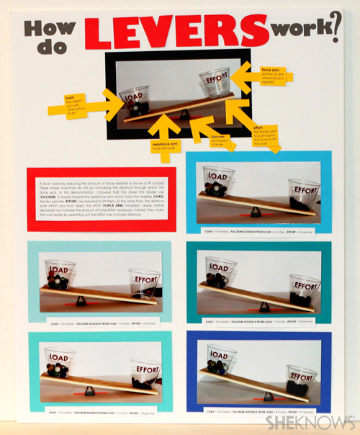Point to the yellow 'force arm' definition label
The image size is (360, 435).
[x=274, y=74]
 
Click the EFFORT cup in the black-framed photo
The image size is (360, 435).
[x=214, y=84]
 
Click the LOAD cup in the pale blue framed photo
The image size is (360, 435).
[x=60, y=273]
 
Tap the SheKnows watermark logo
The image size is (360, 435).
[x=308, y=423]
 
